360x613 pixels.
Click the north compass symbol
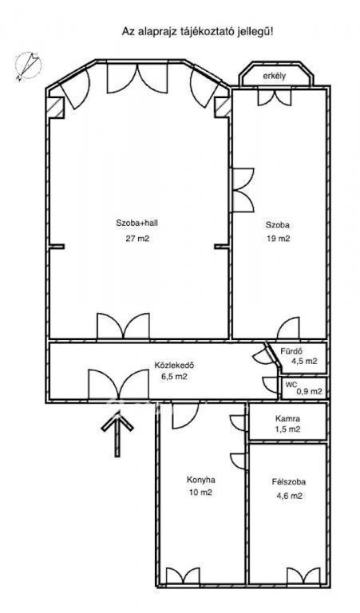pos(28,65)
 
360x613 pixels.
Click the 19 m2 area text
pos(279,239)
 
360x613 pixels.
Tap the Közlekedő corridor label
pos(174,366)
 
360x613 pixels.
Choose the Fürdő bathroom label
pos(290,351)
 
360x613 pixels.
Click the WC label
pos(291,385)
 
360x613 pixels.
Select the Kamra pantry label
pos(287,418)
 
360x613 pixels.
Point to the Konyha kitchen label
pos(201,480)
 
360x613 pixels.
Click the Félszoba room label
pos(289,482)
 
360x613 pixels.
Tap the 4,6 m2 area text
pos(289,496)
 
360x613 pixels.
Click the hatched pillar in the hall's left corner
pos(56,107)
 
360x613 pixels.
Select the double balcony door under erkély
pos(275,97)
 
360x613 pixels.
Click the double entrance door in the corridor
pos(118,384)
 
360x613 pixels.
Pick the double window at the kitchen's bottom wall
pos(183,576)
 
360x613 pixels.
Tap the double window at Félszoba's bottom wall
pos(303,576)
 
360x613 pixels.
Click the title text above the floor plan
pos(198,32)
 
